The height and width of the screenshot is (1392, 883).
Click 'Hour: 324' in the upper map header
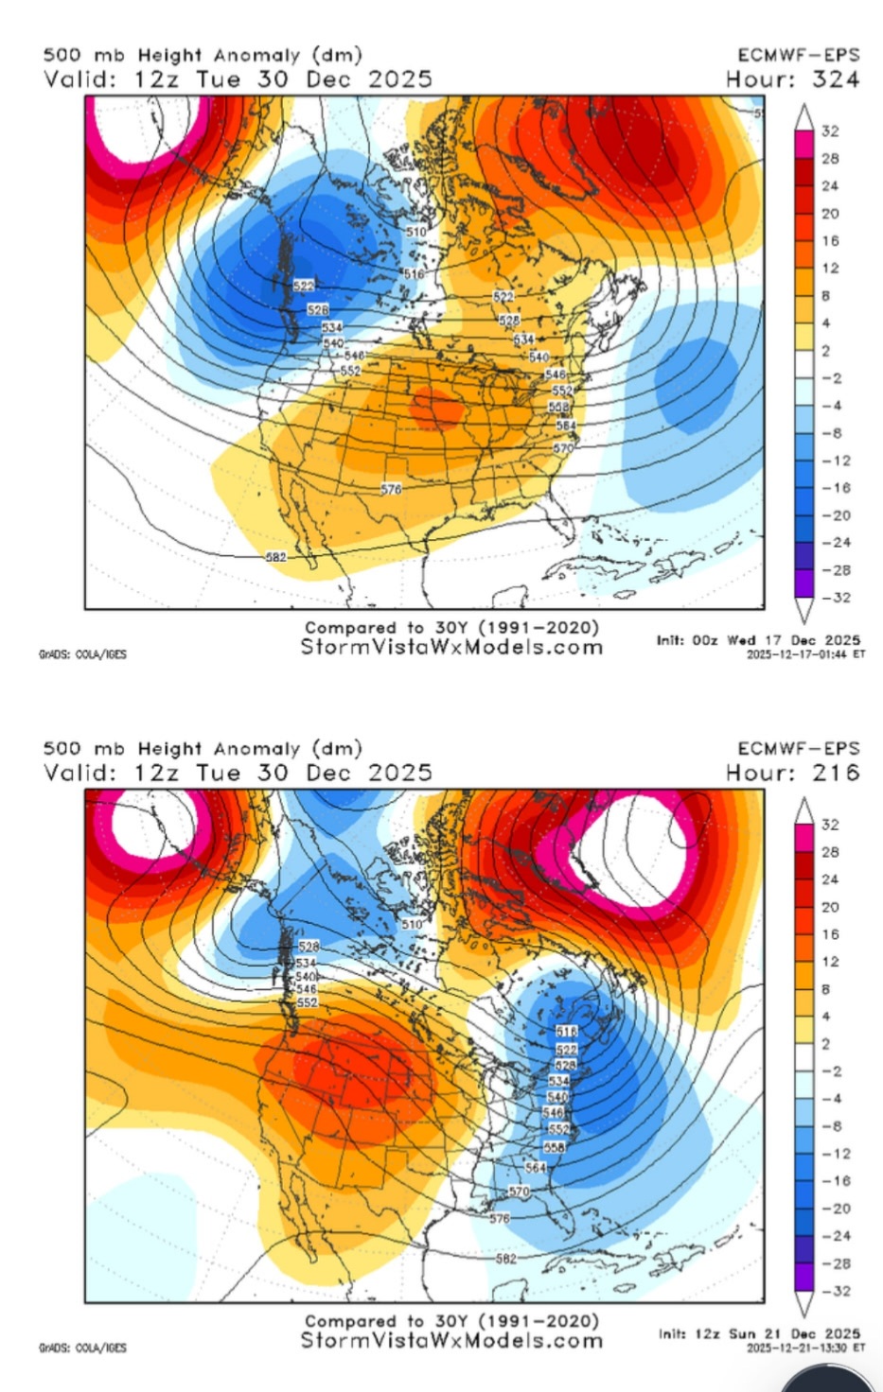(792, 79)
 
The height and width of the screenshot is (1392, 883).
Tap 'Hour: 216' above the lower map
(792, 773)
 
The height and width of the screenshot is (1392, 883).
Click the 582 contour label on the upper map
(275, 557)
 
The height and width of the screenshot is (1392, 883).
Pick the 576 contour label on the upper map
(391, 489)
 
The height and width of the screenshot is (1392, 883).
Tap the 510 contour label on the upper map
(415, 231)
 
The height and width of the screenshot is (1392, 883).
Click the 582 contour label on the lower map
(506, 1258)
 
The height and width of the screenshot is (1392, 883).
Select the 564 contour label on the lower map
(536, 1167)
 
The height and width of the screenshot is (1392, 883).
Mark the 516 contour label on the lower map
(566, 1031)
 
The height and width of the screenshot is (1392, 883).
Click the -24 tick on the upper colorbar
(830, 543)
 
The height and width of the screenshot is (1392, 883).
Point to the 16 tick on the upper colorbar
(830, 241)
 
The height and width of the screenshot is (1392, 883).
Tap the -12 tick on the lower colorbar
(830, 1154)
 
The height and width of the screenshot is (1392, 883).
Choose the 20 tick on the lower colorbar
(830, 907)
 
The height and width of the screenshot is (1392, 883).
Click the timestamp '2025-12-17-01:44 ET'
(805, 653)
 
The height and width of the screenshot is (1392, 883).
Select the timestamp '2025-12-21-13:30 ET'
(805, 1347)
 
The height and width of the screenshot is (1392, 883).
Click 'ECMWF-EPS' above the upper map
(798, 55)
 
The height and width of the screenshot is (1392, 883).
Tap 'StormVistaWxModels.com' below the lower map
(451, 1340)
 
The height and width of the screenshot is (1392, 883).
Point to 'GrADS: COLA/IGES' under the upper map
(82, 653)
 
